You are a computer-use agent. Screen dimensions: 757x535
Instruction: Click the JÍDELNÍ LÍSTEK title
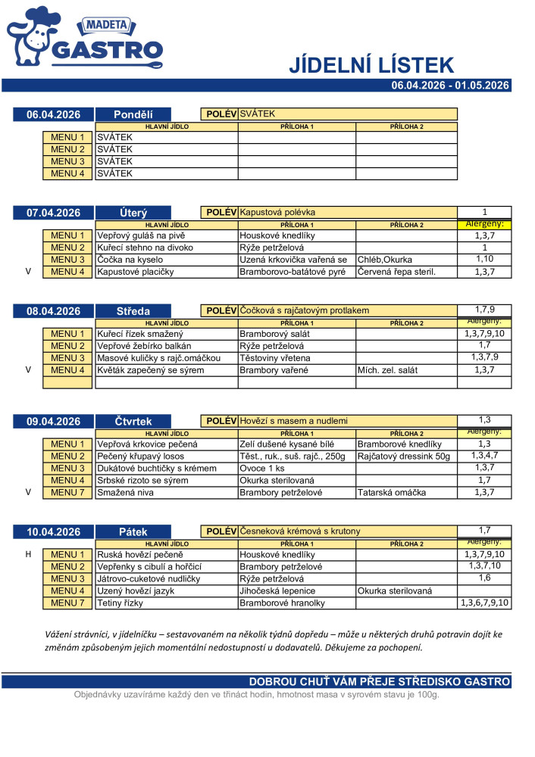pos(371,65)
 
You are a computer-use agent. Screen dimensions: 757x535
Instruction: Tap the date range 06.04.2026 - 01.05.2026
pos(450,86)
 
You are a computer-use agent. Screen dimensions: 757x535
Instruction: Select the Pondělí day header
pos(133,114)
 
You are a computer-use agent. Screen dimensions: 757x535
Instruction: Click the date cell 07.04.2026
pos(53,213)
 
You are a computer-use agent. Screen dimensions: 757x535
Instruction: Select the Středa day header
pos(133,311)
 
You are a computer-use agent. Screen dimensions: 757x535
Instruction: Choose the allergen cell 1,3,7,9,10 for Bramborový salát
pos(484,334)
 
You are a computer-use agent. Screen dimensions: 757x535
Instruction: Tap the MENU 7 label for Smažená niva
pos(67,493)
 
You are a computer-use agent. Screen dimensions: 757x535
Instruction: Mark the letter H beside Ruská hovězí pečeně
pos(28,555)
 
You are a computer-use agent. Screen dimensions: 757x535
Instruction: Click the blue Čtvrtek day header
pos(133,422)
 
